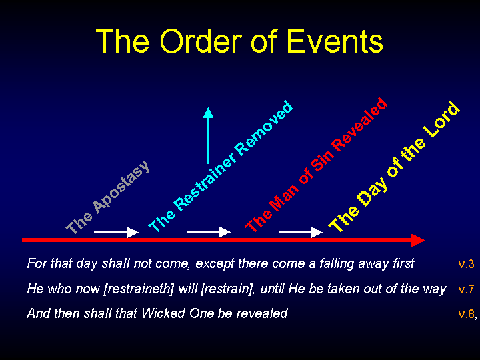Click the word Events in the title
[335, 41]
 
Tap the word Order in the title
[201, 41]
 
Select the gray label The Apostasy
[108, 197]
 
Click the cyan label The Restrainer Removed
[221, 165]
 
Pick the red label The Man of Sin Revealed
[317, 165]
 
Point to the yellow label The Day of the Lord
[394, 166]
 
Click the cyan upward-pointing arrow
[208, 135]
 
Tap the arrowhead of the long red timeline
[418, 240]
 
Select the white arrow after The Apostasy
[116, 232]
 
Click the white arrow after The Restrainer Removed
[209, 232]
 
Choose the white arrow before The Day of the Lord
[301, 232]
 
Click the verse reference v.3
[466, 264]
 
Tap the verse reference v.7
[466, 289]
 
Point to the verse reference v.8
[466, 314]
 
